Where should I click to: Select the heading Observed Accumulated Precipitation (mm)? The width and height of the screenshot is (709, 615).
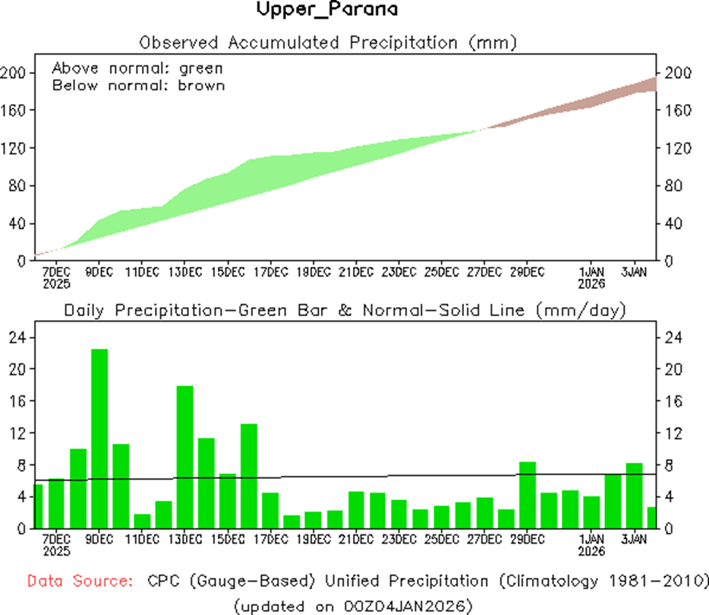(328, 42)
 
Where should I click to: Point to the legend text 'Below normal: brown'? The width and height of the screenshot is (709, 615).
(138, 85)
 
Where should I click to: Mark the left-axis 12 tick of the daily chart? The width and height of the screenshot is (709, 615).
(17, 433)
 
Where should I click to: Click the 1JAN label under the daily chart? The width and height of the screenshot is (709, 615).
(591, 539)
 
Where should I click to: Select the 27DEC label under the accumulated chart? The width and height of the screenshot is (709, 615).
(484, 271)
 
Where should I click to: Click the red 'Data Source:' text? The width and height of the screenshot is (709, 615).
(78, 582)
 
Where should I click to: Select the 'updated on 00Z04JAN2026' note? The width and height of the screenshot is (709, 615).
(354, 605)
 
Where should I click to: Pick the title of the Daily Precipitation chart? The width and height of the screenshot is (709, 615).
(344, 310)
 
